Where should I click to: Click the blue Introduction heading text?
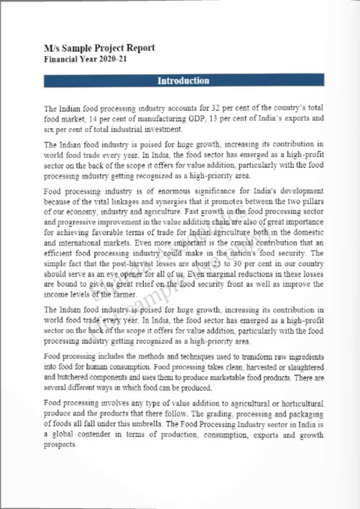click(x=183, y=81)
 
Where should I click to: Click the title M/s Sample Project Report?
click(x=99, y=48)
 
